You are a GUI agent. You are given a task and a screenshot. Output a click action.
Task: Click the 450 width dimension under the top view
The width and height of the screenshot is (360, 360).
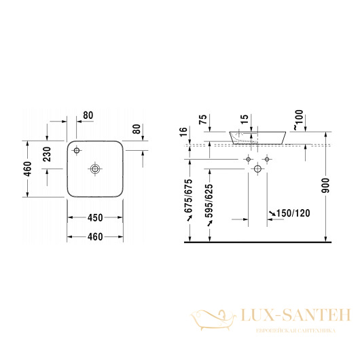94,218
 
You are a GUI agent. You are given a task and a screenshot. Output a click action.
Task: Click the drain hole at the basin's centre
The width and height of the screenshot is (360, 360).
95,168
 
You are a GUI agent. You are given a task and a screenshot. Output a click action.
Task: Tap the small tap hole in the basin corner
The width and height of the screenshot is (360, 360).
77,149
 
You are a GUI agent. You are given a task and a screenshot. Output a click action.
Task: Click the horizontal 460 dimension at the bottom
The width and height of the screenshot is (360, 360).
94,236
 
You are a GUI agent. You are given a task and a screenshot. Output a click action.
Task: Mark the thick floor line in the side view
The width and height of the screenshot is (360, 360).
258,242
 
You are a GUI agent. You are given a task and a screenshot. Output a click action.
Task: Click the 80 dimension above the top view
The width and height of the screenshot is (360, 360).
88,115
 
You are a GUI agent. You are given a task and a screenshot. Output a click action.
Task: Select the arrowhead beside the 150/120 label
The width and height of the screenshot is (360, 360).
270,215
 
